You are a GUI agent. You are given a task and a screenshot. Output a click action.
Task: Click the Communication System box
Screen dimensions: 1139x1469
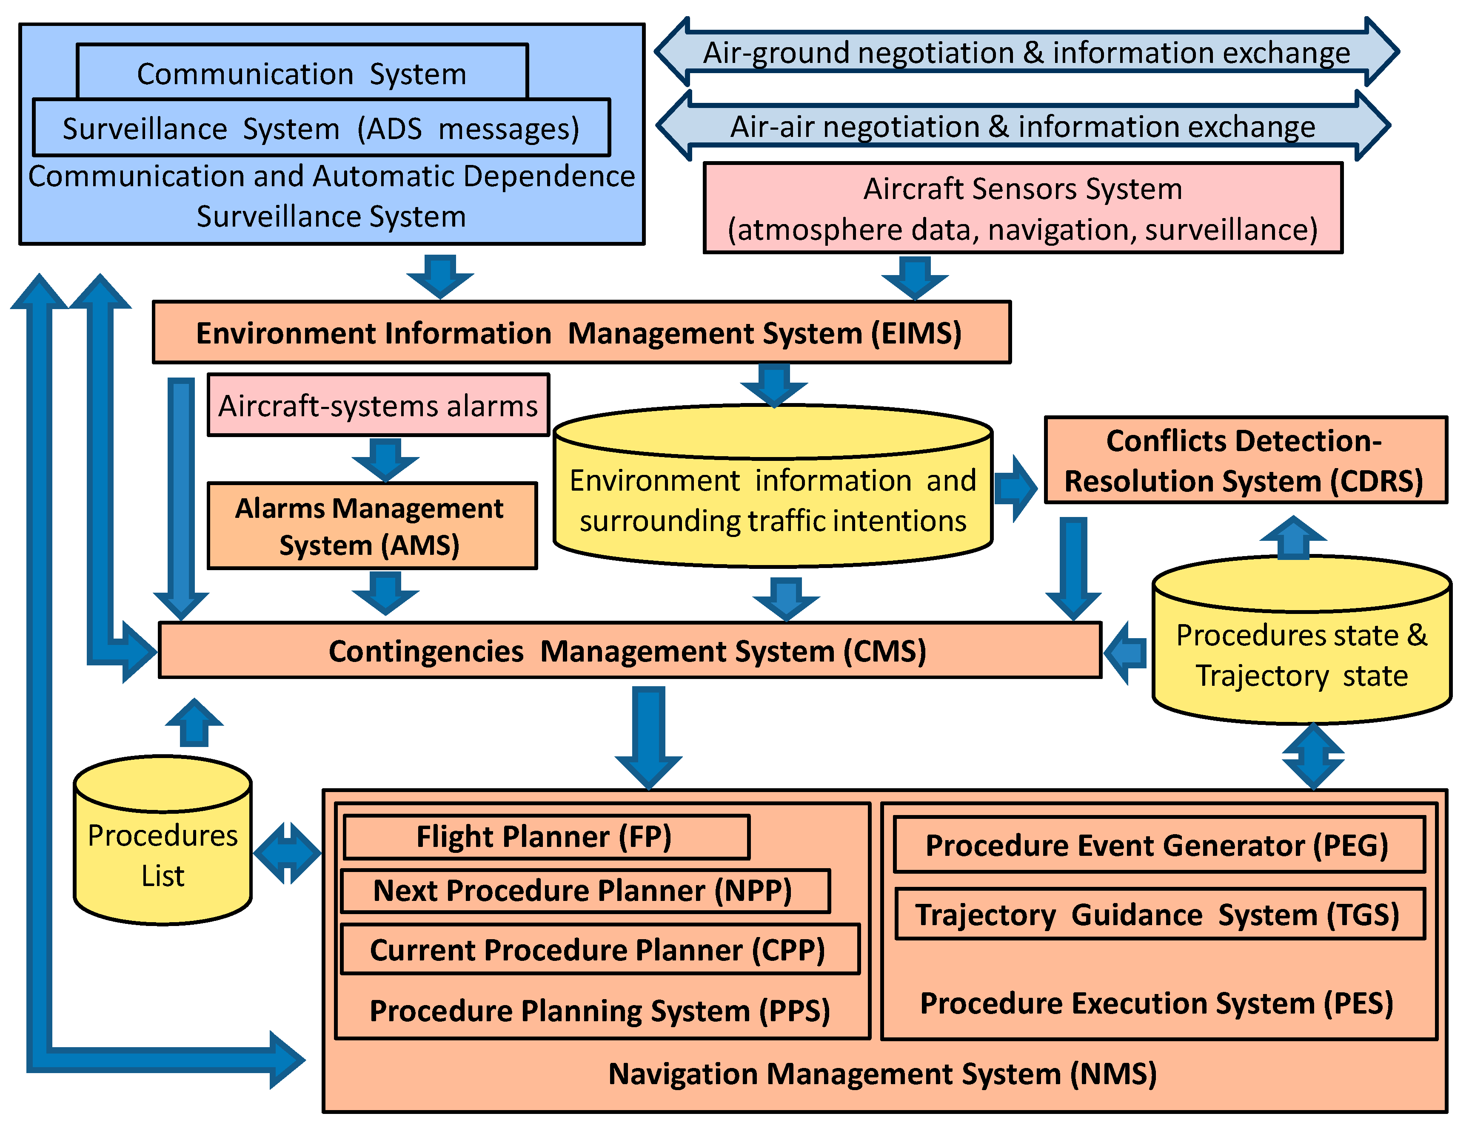[x=302, y=73]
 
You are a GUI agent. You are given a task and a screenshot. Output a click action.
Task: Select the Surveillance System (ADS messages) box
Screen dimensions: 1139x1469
[x=321, y=128]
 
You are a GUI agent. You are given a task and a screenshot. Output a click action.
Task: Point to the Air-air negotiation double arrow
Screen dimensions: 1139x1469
[x=1022, y=126]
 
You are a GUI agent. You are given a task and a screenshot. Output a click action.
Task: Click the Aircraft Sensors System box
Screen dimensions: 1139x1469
[x=1022, y=208]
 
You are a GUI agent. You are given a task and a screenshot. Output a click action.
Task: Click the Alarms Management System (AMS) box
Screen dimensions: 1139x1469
[x=371, y=526]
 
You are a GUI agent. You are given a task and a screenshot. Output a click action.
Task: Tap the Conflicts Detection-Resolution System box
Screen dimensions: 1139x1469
[x=1245, y=460]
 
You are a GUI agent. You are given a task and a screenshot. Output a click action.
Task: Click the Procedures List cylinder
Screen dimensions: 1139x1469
[x=163, y=854]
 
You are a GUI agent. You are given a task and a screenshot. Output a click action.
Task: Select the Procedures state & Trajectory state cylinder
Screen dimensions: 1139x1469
[x=1301, y=652]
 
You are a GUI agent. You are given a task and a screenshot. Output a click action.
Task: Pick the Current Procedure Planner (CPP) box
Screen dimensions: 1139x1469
[x=599, y=949]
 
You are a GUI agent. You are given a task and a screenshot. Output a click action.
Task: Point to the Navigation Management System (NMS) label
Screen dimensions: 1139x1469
[x=882, y=1074]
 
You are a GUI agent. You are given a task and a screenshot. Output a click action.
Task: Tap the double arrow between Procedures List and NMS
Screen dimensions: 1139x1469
[x=287, y=852]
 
